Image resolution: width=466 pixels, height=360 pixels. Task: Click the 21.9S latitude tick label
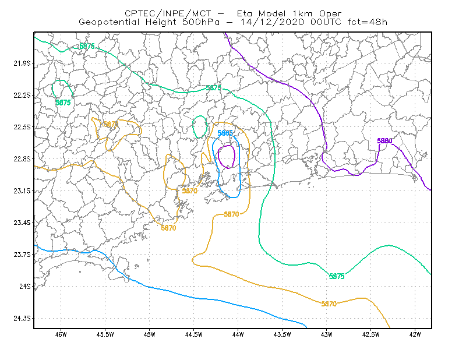[22, 63]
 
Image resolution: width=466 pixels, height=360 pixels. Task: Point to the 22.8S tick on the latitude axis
[22, 159]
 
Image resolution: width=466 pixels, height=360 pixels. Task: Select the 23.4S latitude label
[22, 223]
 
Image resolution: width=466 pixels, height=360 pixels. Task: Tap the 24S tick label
[25, 286]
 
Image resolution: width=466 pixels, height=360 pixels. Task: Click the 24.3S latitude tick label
[22, 319]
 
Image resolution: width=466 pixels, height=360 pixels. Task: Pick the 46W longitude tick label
[61, 334]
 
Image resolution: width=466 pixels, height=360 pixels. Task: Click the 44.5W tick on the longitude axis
[193, 334]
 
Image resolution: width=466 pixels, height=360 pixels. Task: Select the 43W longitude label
[326, 334]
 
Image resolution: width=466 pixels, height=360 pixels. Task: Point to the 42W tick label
[415, 334]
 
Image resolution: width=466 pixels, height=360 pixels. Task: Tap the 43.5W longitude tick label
[282, 334]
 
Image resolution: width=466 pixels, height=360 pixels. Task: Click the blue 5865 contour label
[225, 133]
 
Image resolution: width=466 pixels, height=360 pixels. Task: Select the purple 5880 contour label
[384, 141]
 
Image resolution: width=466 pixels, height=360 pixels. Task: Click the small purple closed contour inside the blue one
[235, 156]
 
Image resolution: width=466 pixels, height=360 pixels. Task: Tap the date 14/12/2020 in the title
[272, 22]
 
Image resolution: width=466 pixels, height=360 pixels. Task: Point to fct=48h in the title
[368, 22]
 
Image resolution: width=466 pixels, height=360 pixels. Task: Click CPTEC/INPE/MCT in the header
[168, 13]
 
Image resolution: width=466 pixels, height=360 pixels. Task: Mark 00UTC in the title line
[326, 22]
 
